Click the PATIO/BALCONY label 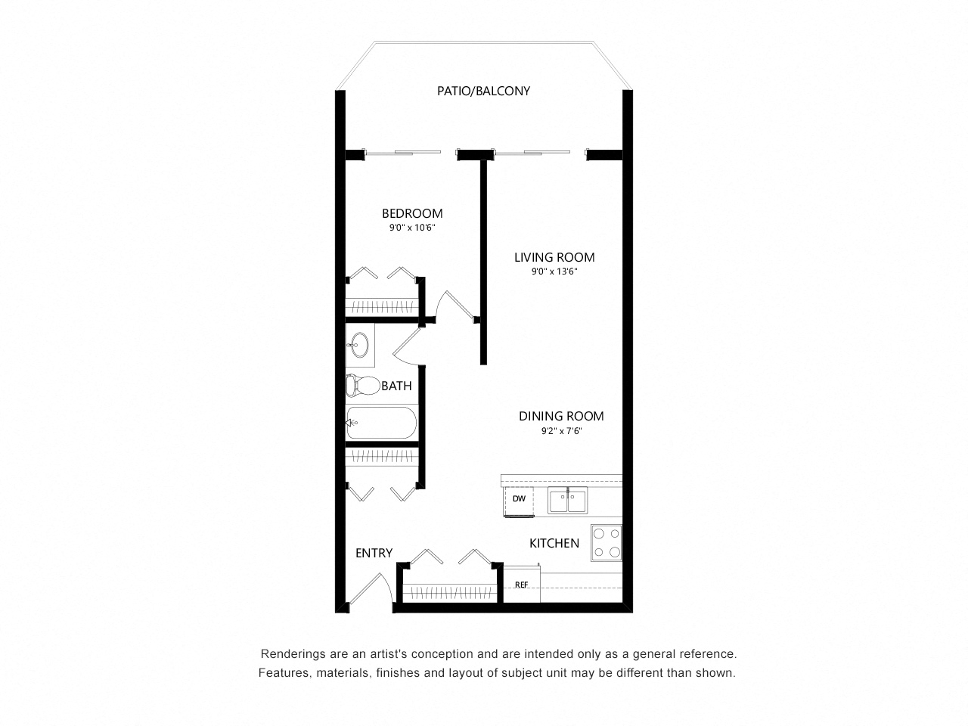pos(483,91)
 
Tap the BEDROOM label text pos(412,213)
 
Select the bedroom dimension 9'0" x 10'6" pos(412,228)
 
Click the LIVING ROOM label pos(554,257)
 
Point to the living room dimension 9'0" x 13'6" pos(554,271)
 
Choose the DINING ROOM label pos(561,416)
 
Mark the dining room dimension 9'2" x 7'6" pos(561,431)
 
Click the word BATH pos(396,386)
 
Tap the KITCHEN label pos(554,543)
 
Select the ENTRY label pos(374,553)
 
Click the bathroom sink pos(359,345)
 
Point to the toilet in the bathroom pos(363,385)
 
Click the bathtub pos(381,423)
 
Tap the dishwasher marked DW pos(519,501)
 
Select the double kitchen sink pos(567,501)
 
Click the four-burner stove pos(607,543)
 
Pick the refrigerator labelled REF pos(522,584)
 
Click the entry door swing pos(371,589)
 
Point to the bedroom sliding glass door pos(403,153)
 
